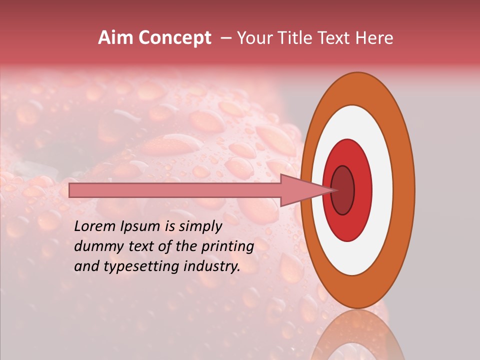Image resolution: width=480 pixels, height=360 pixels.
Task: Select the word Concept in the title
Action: [175, 38]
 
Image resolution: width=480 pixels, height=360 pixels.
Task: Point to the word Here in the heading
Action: [374, 38]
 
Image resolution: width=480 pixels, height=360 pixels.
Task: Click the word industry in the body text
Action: [213, 266]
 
